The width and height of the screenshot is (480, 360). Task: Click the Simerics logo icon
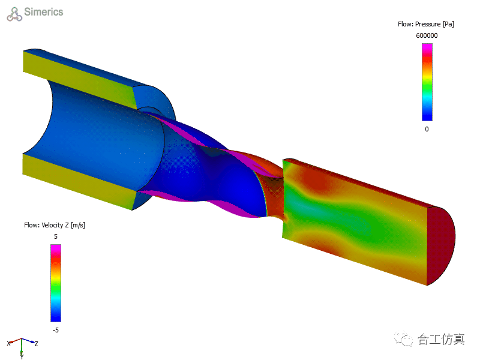coord(14,14)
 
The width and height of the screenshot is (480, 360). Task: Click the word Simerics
coord(43,11)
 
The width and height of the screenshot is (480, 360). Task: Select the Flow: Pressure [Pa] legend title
coord(426,24)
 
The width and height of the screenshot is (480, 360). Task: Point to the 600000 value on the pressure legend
coord(427,35)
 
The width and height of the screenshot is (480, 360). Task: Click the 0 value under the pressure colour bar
coord(427,129)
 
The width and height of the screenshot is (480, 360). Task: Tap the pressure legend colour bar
coord(427,82)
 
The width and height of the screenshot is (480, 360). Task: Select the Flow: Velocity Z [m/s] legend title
coord(55,225)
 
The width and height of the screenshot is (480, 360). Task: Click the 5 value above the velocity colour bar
coord(56,236)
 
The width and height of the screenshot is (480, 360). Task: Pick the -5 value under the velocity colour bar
coord(55,330)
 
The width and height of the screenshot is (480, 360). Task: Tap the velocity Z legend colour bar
coord(56,283)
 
